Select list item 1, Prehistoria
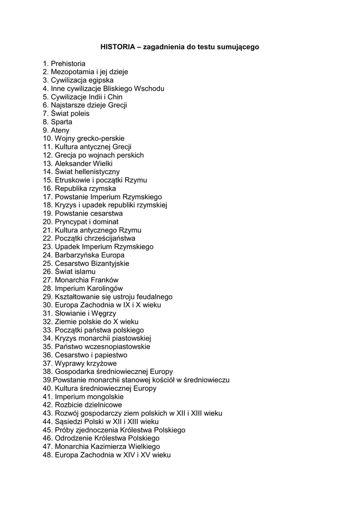click(x=68, y=63)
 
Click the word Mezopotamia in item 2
click(x=72, y=72)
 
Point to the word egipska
click(x=101, y=80)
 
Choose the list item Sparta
click(x=61, y=122)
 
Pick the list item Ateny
click(x=60, y=130)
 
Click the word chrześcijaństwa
click(x=107, y=239)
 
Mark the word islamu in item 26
click(x=85, y=272)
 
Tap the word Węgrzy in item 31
click(x=103, y=314)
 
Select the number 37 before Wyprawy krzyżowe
click(x=47, y=363)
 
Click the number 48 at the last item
click(x=47, y=455)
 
